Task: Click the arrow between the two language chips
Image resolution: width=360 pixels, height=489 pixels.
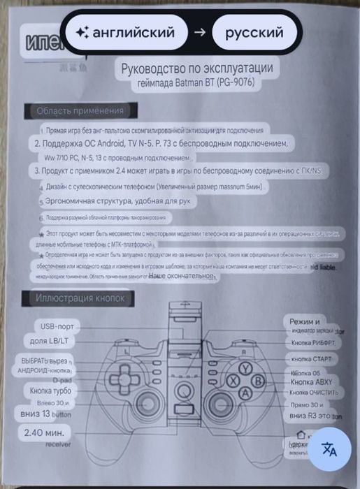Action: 200,32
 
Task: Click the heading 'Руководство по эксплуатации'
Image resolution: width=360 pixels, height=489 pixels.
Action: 196,69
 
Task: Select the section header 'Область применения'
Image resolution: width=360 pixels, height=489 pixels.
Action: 80,110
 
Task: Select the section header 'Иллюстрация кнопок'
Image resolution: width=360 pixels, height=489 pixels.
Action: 80,299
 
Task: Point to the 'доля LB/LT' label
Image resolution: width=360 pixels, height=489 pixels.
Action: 54,341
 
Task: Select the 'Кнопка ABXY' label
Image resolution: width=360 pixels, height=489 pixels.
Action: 315,381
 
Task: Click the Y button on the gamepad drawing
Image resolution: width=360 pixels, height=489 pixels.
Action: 245,369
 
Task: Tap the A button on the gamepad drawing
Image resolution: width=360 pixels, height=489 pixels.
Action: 245,393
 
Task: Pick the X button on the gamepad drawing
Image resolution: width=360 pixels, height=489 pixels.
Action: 233,381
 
